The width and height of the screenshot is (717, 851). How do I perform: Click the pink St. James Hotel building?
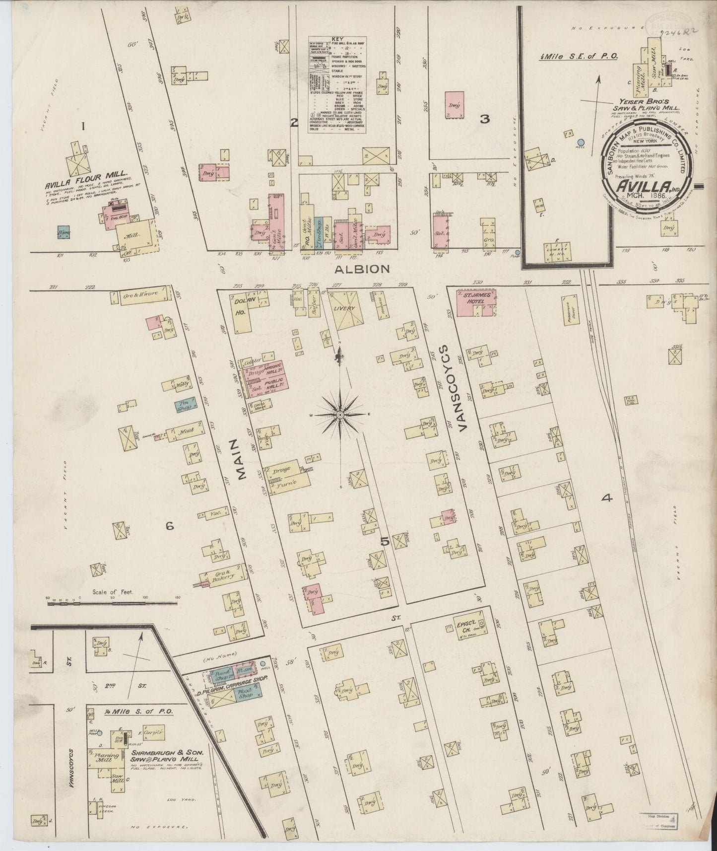click(x=477, y=303)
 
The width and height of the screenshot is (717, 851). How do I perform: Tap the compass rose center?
click(x=341, y=415)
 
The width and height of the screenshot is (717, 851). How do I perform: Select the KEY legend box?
click(x=338, y=84)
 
